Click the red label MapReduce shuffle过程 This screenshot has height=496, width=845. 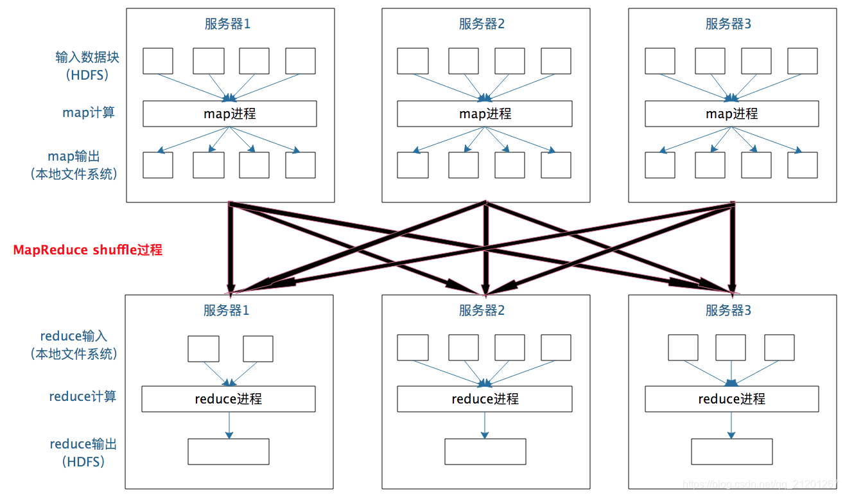(88, 250)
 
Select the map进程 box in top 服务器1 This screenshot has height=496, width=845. (229, 114)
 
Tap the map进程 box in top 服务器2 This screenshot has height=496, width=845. (485, 114)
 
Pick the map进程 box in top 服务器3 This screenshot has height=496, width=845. (731, 114)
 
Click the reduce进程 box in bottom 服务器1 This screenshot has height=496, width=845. (228, 399)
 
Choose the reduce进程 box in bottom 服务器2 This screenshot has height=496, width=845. (485, 399)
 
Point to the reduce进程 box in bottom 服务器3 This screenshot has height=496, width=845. (731, 399)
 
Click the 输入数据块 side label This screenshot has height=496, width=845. (87, 57)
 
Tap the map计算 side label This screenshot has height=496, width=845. (89, 112)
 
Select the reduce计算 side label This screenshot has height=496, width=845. (83, 396)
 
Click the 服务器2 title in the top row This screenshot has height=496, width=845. (482, 24)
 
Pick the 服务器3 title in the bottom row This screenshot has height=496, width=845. (729, 311)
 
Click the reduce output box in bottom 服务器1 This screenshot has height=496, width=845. (228, 452)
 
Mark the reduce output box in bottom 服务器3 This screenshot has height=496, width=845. (731, 452)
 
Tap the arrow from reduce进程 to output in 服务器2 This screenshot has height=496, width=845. (485, 425)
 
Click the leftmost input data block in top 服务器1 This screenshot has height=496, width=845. (158, 61)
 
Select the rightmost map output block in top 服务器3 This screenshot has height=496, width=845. (803, 165)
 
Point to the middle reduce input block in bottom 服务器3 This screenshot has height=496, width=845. (731, 348)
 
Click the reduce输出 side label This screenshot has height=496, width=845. (83, 444)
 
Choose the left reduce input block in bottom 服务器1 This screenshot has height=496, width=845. (203, 349)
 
